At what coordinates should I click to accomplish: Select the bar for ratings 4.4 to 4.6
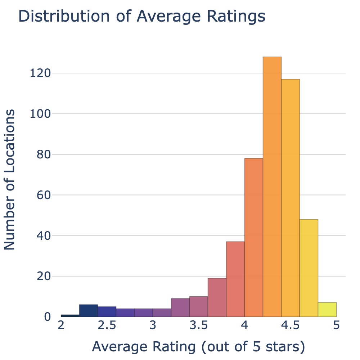click(x=291, y=198)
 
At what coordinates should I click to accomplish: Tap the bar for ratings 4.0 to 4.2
click(x=254, y=238)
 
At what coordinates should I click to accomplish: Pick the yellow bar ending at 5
click(x=327, y=310)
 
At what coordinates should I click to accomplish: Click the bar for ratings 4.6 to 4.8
click(x=309, y=268)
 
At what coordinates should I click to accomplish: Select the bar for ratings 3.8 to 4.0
click(x=235, y=279)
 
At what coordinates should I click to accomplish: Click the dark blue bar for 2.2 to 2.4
click(x=89, y=311)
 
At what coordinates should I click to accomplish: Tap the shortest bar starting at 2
click(x=70, y=316)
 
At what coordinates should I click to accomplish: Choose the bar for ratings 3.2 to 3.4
click(x=180, y=308)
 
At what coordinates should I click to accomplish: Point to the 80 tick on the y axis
click(x=43, y=155)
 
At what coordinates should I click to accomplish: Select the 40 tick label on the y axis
click(x=43, y=236)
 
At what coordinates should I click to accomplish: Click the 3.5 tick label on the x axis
click(x=199, y=326)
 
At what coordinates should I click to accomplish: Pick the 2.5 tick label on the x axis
click(x=107, y=326)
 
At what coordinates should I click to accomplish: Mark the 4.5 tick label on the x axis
click(x=291, y=326)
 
